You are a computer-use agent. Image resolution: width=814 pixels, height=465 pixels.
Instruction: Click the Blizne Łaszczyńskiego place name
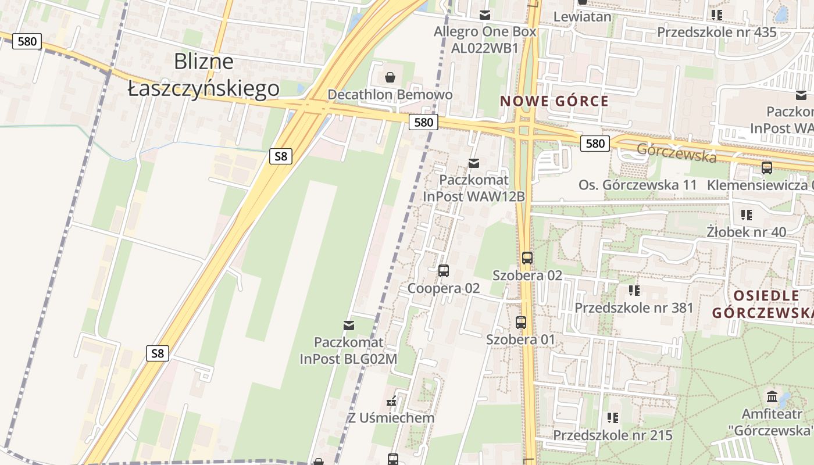coord(203,75)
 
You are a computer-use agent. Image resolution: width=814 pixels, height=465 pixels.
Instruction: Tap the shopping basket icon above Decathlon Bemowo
coord(390,77)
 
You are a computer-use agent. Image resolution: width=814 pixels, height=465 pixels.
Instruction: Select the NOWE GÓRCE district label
coord(554,101)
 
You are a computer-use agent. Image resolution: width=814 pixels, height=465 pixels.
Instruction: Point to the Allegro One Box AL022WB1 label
coord(485,40)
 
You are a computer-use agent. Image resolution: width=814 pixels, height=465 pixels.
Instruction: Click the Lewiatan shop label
coord(582,17)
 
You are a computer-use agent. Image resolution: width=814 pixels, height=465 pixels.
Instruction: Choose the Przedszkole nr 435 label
coord(716,32)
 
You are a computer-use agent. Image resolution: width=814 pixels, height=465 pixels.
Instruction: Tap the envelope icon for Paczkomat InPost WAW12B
coord(474,163)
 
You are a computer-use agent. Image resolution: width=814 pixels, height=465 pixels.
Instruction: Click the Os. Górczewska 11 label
coord(637,185)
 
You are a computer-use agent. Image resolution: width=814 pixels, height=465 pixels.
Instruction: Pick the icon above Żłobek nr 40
coord(747,215)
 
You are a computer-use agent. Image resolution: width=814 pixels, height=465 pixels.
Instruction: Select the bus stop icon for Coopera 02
coord(444,270)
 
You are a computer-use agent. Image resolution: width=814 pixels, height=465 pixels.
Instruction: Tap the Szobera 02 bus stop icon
coord(527,257)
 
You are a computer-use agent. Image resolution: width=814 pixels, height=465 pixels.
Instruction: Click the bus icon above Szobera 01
coord(521,322)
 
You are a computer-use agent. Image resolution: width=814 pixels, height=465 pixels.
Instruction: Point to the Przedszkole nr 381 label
coord(634,307)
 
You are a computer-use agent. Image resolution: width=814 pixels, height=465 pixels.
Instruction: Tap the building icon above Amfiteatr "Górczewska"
coord(772,397)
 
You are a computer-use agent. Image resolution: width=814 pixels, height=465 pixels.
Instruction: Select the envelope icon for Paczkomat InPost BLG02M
coord(348,324)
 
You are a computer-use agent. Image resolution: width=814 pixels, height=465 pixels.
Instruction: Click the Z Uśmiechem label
coord(391,418)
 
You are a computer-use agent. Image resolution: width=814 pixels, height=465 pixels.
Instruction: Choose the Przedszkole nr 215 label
coord(612,435)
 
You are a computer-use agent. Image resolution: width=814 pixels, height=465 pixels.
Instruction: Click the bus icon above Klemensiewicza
coord(767,168)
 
